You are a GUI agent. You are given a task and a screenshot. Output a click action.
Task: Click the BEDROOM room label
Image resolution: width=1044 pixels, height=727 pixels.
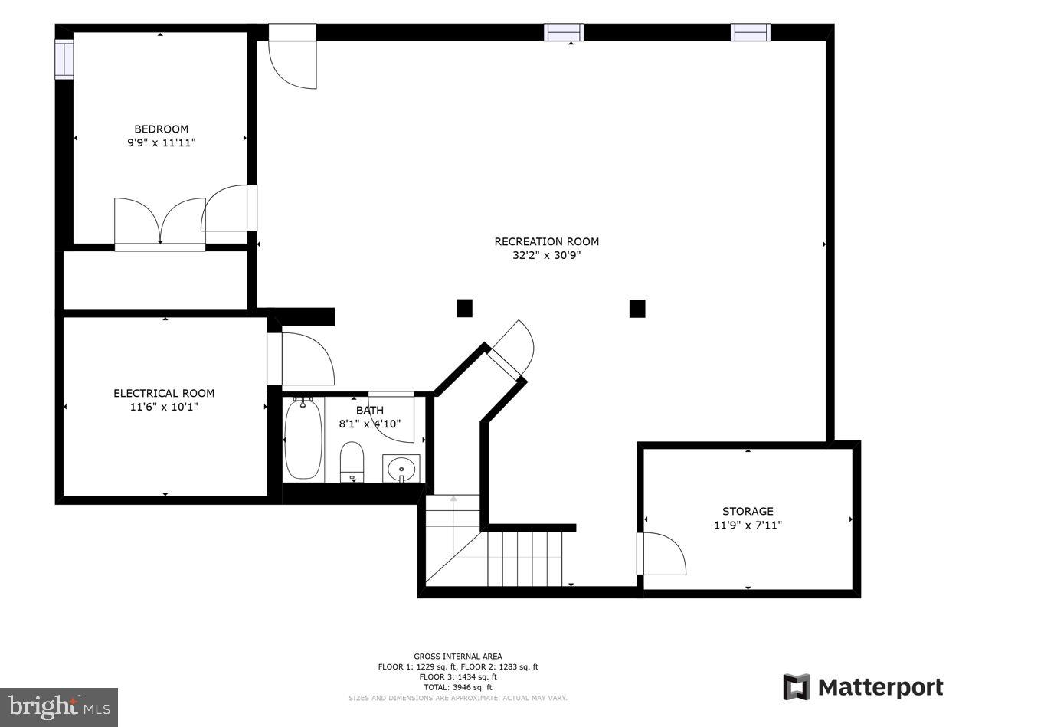(161, 129)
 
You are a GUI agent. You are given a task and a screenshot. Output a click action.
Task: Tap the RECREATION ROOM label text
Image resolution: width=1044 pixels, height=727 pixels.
(546, 241)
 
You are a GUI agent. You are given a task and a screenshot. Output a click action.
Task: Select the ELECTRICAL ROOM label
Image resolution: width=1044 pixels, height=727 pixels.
(164, 393)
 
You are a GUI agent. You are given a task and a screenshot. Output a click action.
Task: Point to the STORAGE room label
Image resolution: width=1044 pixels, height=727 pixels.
(748, 511)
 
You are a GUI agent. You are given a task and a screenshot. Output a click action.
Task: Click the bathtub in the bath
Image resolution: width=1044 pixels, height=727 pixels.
(303, 440)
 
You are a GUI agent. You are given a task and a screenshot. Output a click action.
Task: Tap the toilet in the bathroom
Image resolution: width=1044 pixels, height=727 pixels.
(352, 460)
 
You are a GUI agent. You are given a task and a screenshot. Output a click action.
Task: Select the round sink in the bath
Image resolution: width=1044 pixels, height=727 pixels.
(401, 467)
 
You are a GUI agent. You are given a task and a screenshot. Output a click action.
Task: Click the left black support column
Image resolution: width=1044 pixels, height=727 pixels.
(464, 308)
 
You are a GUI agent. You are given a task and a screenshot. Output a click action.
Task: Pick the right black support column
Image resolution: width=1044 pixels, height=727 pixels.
(637, 308)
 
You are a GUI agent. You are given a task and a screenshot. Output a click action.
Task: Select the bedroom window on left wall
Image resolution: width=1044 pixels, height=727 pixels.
(64, 59)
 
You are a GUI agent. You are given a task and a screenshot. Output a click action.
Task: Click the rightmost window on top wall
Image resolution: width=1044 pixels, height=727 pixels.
(750, 32)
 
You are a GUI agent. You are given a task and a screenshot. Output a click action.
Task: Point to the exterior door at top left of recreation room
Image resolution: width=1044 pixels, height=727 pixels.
(292, 57)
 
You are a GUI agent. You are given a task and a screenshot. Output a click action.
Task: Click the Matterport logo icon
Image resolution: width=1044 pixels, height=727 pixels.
(796, 687)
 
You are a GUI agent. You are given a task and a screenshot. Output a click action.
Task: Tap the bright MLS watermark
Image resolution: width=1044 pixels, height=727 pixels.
(60, 706)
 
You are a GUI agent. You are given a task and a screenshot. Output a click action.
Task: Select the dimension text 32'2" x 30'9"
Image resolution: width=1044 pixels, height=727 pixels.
(546, 256)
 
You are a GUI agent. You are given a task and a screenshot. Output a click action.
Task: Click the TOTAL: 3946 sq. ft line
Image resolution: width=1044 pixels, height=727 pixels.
(457, 687)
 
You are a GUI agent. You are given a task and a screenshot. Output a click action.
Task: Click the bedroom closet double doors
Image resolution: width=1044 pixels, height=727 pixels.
(160, 222)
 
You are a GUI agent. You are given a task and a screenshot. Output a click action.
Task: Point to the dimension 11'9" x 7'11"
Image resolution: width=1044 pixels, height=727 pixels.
(748, 526)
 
